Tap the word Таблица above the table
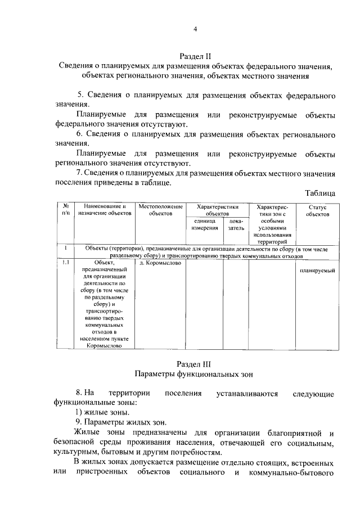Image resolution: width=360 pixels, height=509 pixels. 320,193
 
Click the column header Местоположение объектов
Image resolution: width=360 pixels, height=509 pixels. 161,210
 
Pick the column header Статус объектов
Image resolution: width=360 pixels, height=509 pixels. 317,210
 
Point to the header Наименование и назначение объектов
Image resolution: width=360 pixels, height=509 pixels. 105,210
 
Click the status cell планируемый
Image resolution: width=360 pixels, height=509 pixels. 317,271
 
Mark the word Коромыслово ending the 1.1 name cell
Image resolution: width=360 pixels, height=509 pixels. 105,346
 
